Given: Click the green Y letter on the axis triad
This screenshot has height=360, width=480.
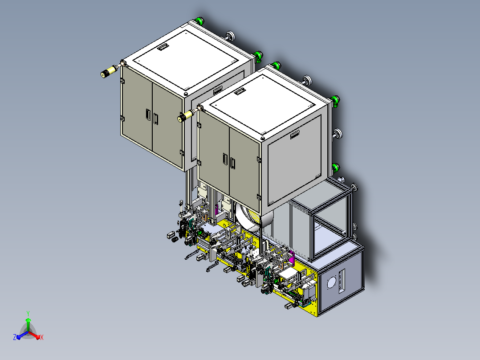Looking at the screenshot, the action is coord(28,313).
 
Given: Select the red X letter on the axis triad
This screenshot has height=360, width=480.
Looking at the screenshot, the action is coord(42,337).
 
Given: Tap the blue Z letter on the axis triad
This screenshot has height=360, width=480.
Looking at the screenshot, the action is coord(15,337).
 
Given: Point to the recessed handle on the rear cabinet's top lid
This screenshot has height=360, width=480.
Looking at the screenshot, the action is coord(163,47).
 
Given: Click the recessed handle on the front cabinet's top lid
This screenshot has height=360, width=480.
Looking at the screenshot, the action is coord(240,91).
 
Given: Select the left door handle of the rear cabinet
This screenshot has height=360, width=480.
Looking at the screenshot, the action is coord(148,115).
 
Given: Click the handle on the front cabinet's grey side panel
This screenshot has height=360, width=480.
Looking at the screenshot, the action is coord(295,134).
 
